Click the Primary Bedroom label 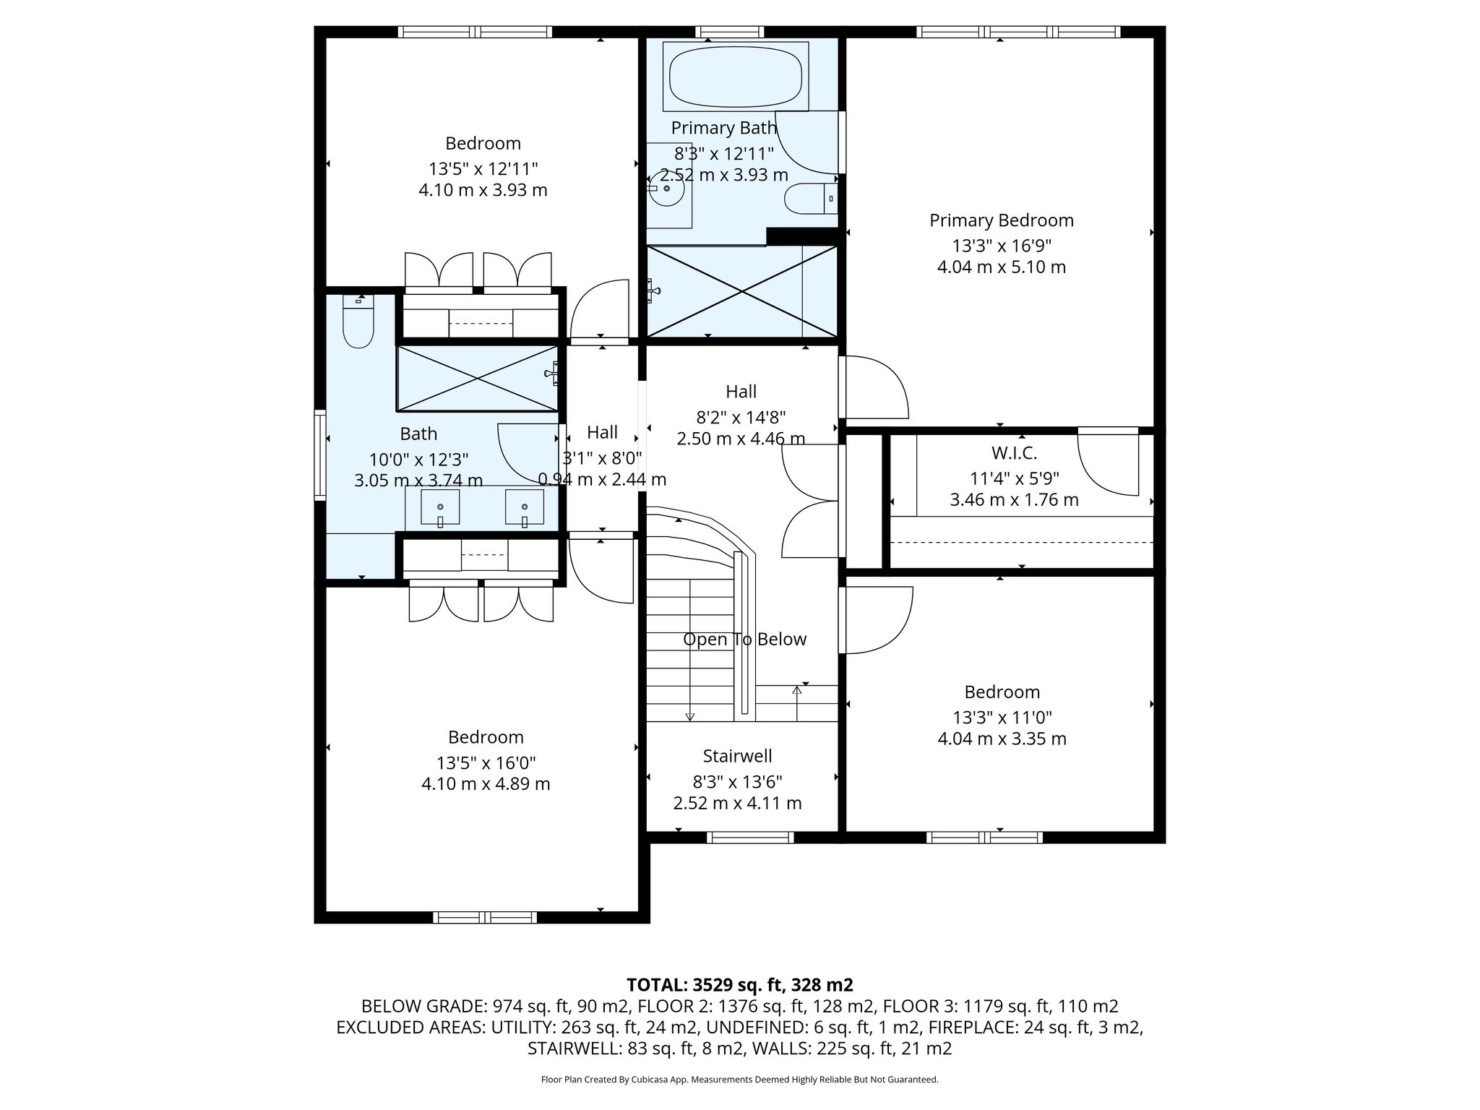(x=1001, y=220)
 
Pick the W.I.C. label (x=1014, y=453)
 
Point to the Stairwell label (x=737, y=756)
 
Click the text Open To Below (x=744, y=640)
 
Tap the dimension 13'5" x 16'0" (x=486, y=763)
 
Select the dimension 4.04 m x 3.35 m (x=1002, y=739)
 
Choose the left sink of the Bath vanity (x=440, y=507)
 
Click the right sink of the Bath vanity (x=524, y=507)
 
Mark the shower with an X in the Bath (x=477, y=378)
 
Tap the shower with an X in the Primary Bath (x=742, y=291)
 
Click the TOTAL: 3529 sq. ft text (x=739, y=985)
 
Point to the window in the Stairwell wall (x=750, y=837)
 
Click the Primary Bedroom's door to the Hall (x=875, y=387)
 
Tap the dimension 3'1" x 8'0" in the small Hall (x=602, y=457)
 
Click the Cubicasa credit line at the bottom (x=739, y=1080)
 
